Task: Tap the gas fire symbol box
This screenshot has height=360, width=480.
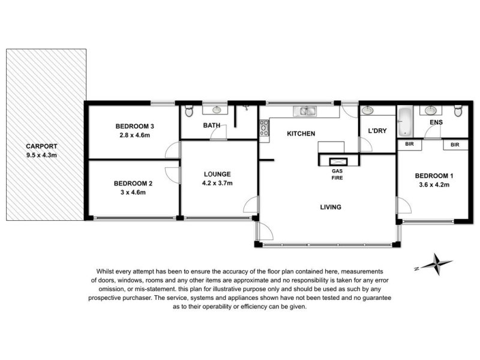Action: pos(338,161)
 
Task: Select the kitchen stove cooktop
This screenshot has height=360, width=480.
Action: pos(264,128)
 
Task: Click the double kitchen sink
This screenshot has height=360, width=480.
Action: pos(305,112)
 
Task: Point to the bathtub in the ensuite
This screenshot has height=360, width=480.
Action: pos(405,122)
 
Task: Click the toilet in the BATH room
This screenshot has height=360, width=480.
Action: pos(189,111)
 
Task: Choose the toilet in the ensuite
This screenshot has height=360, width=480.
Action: pos(458,111)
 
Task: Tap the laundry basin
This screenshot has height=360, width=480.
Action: pos(367,110)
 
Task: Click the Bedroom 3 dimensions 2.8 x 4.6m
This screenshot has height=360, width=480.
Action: pos(134,135)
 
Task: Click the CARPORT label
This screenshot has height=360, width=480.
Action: pos(41,146)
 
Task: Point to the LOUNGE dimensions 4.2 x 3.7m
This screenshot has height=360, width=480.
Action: pos(217,183)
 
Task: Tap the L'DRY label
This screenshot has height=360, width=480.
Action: pos(377,131)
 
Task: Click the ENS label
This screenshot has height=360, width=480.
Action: pos(436,122)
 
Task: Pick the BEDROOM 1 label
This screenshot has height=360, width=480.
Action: pos(434,176)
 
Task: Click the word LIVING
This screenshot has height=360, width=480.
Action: pos(331,207)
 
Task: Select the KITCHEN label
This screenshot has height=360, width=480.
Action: pos(301,133)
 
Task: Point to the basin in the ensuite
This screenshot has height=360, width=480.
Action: pos(430,110)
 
